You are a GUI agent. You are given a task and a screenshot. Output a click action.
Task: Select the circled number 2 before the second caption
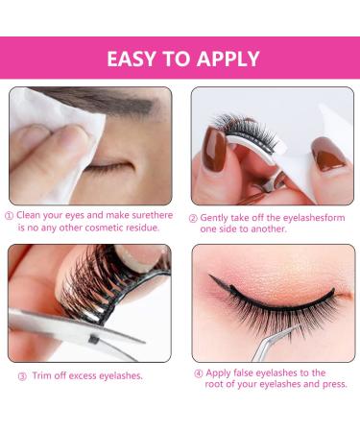(195, 217)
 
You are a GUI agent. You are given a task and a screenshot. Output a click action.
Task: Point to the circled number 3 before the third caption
(22, 375)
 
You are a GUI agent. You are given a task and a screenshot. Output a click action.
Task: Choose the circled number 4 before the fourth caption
(197, 372)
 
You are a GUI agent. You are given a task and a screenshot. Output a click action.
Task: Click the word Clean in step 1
(32, 217)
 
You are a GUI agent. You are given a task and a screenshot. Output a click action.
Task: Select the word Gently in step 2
(218, 217)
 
